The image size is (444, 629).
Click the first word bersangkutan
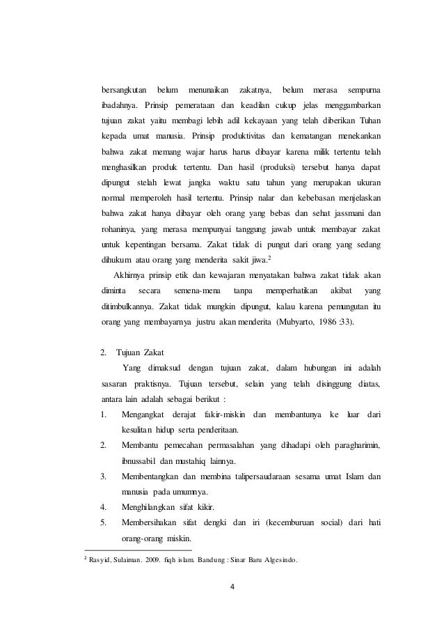[124, 91]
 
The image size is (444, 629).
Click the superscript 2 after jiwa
[270, 258]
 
